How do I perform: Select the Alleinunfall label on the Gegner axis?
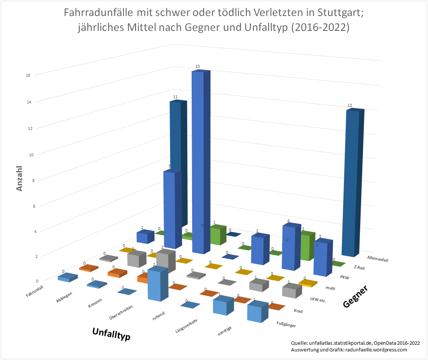(x=377, y=259)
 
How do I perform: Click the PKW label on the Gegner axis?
(x=344, y=277)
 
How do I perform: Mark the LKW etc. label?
(x=317, y=299)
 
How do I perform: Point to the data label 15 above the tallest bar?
(x=198, y=66)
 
